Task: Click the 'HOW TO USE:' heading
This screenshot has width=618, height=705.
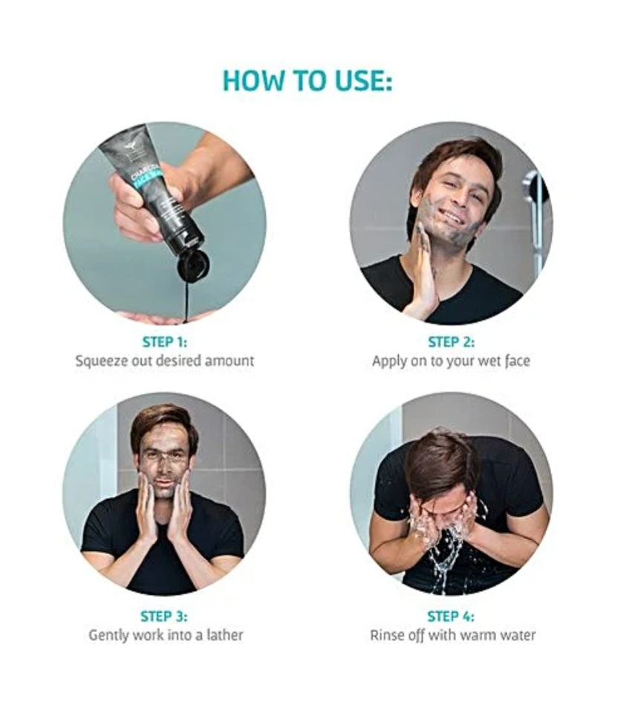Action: click(x=308, y=81)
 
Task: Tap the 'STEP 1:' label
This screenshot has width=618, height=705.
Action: click(x=165, y=341)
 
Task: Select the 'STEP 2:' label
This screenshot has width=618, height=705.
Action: click(x=451, y=341)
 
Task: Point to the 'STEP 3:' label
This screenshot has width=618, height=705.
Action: click(x=164, y=616)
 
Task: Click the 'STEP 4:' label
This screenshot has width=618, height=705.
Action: click(x=451, y=616)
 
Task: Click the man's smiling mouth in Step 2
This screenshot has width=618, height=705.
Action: click(x=452, y=219)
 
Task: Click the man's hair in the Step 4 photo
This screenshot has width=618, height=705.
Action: click(x=439, y=463)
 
